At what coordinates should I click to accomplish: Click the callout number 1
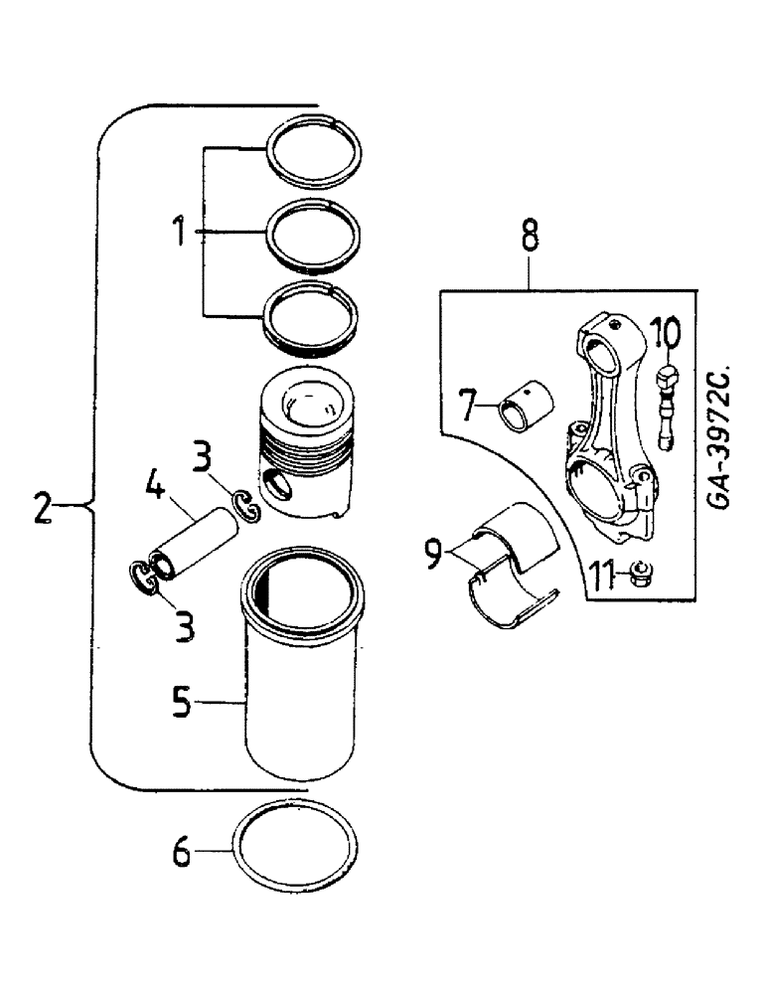[179, 235]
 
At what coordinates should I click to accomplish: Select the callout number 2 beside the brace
[41, 508]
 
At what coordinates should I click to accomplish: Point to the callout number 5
[179, 702]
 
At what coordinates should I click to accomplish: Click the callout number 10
[667, 330]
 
